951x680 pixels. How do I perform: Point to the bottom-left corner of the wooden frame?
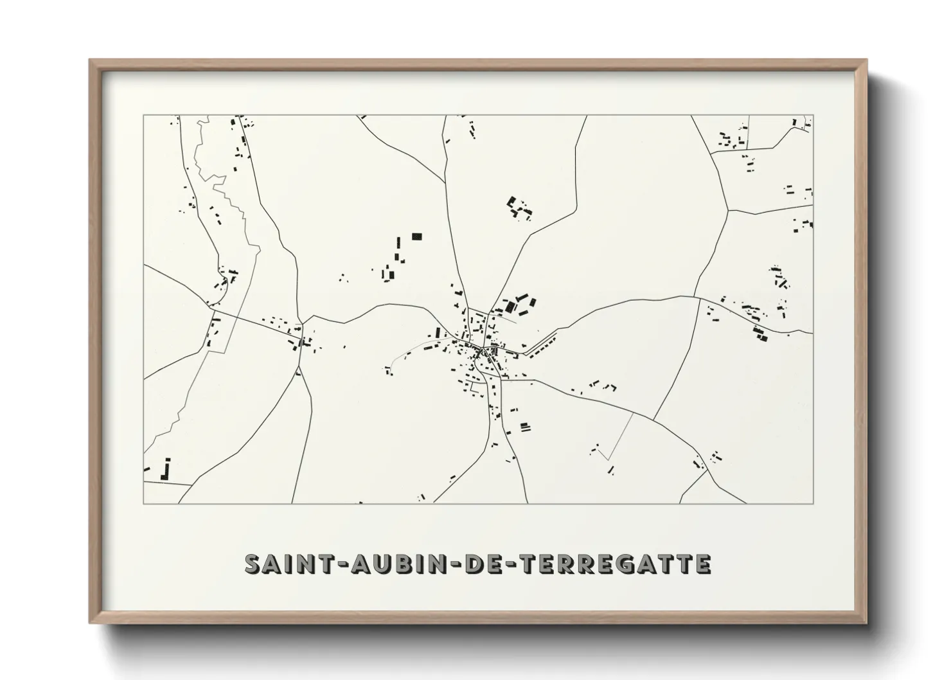[x=91, y=623]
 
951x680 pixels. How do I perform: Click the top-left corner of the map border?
[x=143, y=116]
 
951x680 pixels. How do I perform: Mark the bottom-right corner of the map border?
[x=813, y=503]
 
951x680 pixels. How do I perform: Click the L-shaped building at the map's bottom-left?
[x=166, y=470]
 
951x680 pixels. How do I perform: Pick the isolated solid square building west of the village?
[x=417, y=237]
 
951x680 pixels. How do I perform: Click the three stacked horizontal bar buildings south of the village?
[x=524, y=425]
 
